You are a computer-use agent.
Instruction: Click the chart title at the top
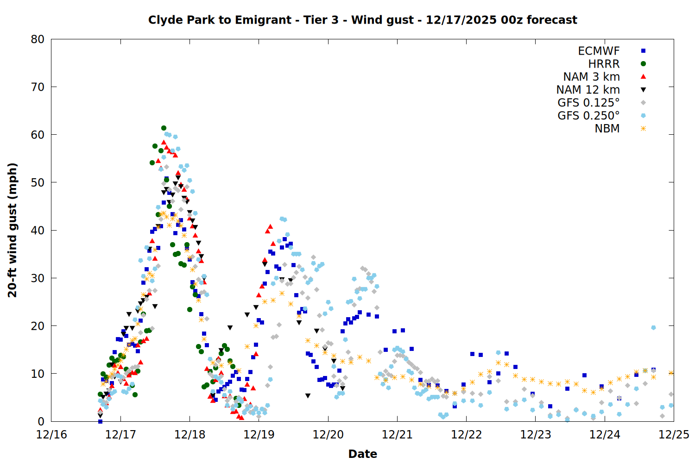(362, 20)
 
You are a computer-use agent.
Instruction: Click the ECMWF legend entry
(599, 51)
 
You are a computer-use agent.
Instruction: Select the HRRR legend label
(604, 64)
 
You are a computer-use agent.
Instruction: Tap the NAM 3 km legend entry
(591, 77)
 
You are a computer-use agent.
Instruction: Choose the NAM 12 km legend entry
(588, 90)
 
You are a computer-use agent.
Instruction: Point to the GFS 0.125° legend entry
(588, 103)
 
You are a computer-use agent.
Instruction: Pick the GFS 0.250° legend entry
(588, 116)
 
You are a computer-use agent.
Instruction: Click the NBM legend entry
(607, 129)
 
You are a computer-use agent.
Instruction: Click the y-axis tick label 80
(38, 39)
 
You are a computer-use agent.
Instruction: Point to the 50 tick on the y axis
(38, 182)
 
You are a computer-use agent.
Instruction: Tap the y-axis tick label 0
(41, 421)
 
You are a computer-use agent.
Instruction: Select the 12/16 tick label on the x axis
(51, 435)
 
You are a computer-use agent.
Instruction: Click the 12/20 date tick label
(328, 435)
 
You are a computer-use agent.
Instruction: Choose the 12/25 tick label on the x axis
(674, 435)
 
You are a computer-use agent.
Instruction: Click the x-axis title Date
(362, 454)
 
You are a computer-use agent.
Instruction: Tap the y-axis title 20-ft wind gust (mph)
(13, 230)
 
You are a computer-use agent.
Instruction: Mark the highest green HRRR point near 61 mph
(164, 128)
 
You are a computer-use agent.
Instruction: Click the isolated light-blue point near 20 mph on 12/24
(653, 328)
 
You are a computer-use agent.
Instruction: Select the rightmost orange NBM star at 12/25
(671, 373)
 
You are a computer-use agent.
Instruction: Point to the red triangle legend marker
(643, 77)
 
